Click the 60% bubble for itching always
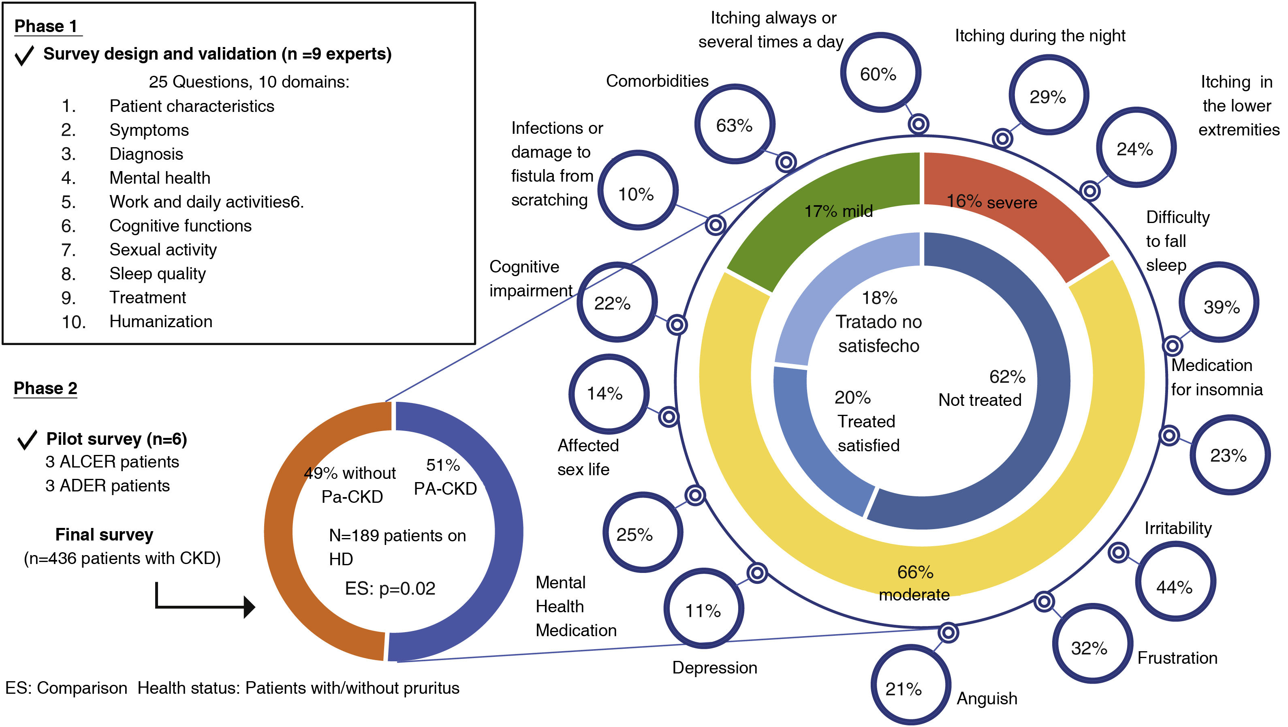(880, 73)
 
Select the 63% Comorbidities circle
(735, 124)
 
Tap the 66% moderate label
(915, 583)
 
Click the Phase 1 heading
(46, 26)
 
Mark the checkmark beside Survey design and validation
(24, 55)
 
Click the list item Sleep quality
(158, 274)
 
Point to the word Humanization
(161, 321)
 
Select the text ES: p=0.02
(390, 588)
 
